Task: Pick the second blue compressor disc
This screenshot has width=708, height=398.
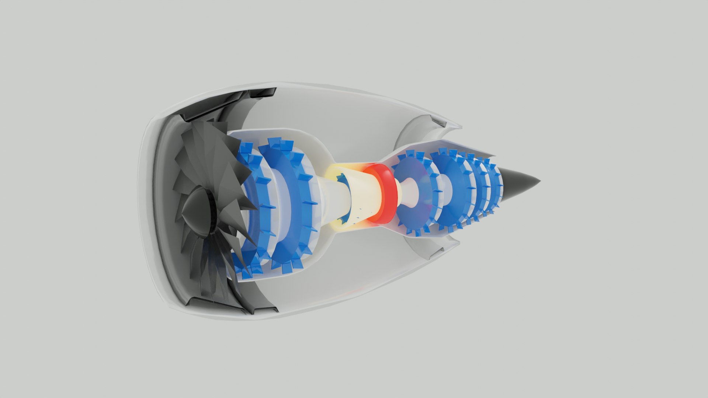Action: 288,199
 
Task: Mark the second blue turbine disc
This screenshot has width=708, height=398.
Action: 452,192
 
